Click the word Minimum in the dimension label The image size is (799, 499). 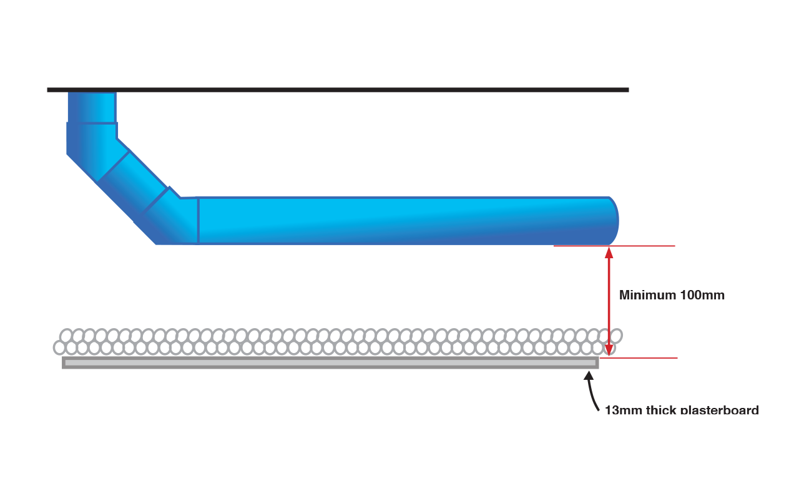643,295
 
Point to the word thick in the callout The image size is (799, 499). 661,410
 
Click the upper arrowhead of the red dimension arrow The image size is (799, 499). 609,252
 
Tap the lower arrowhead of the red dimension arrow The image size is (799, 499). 609,351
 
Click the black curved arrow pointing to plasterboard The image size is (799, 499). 591,393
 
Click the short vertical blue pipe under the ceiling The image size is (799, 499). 92,107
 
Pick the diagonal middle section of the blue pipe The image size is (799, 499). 133,181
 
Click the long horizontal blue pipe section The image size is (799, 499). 399,221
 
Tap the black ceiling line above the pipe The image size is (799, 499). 337,90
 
